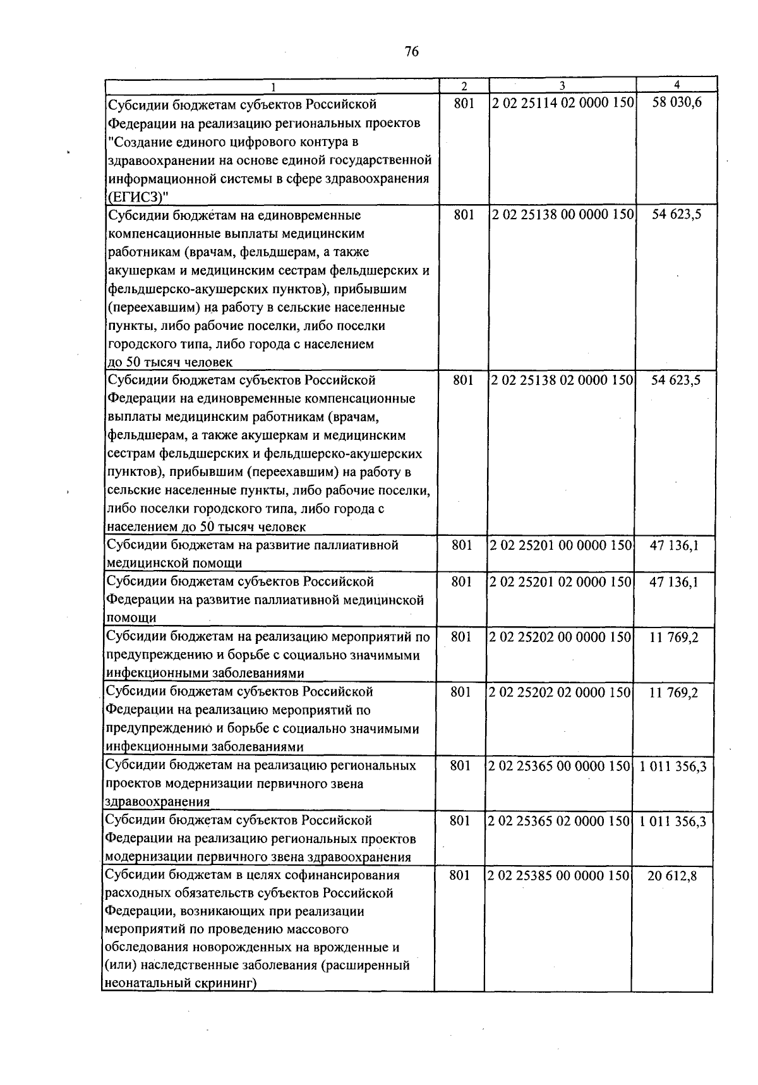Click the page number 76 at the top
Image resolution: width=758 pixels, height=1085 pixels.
click(x=411, y=52)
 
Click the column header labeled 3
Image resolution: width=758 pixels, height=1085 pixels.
click(x=562, y=86)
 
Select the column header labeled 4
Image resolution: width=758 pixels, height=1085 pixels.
click(x=677, y=85)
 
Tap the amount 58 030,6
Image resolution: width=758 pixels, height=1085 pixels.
click(x=677, y=103)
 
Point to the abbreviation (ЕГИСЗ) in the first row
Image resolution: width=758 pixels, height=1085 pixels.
click(x=136, y=197)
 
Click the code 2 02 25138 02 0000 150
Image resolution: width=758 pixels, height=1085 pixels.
click(x=562, y=380)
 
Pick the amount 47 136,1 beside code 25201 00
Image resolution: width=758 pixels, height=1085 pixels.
click(x=674, y=545)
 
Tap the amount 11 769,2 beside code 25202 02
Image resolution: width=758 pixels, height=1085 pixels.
click(x=673, y=693)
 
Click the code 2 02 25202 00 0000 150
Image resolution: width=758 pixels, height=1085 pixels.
click(x=560, y=637)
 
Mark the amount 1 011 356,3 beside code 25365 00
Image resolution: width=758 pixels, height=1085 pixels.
click(x=673, y=766)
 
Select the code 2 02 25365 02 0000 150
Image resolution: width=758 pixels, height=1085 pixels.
click(x=560, y=821)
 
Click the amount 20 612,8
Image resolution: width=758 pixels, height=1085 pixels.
click(x=672, y=876)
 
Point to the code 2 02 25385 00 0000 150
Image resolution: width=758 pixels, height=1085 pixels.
click(x=559, y=876)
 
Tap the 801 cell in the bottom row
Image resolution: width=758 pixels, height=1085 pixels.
click(x=459, y=876)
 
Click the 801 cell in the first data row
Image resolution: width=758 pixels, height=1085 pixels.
click(x=464, y=103)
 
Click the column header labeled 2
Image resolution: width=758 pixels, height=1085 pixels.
click(x=464, y=86)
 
